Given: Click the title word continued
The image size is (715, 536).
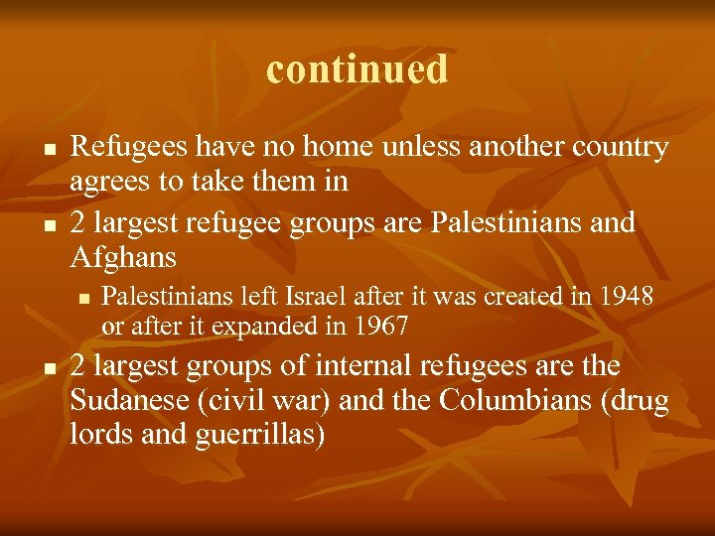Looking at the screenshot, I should click(357, 69).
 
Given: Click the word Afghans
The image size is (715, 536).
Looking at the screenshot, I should click(124, 257).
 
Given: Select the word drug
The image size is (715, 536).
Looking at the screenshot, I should click(643, 403).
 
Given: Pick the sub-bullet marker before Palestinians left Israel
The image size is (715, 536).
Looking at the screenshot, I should click(84, 297).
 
